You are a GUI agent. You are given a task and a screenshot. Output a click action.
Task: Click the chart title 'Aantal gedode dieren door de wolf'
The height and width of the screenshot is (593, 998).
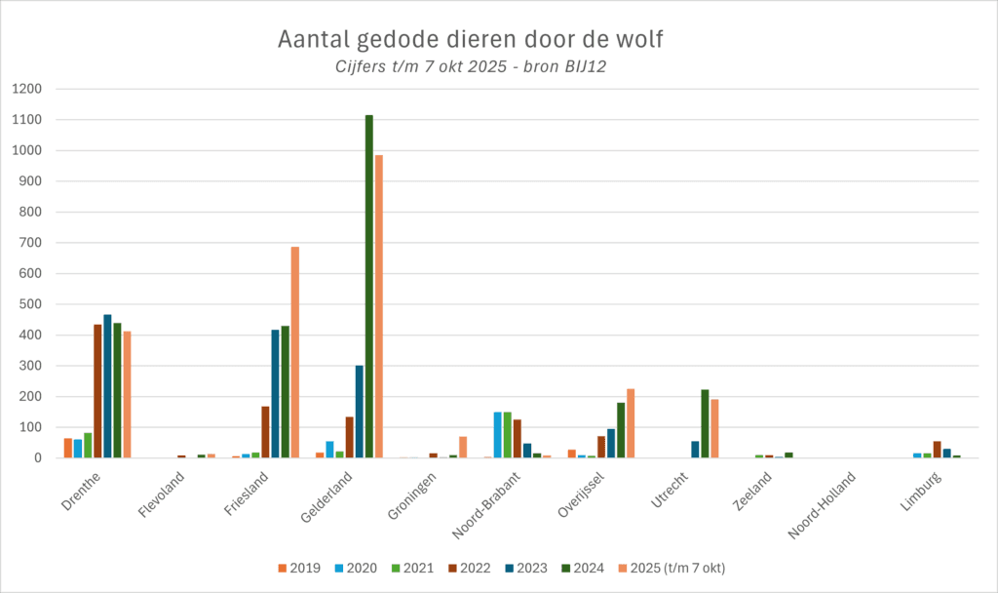point(472,40)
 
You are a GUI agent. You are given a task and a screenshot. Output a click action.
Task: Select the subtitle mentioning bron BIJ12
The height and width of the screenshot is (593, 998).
point(472,66)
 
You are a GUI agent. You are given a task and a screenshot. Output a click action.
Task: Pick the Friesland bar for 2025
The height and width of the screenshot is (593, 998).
point(295,352)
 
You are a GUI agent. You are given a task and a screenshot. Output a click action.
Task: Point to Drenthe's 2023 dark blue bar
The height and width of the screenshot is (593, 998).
point(107,386)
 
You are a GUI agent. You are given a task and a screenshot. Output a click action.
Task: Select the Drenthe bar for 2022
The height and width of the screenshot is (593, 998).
point(97,391)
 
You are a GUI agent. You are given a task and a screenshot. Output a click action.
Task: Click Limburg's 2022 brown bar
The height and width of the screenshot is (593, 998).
point(937,450)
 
